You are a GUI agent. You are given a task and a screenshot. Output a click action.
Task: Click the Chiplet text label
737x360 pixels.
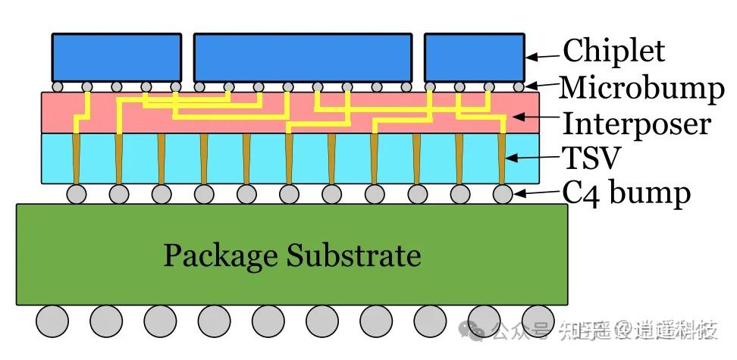pos(613,52)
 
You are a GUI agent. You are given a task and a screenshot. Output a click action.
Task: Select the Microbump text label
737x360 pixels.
pos(641,89)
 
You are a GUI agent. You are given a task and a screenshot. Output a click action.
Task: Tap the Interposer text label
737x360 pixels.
pos(636,123)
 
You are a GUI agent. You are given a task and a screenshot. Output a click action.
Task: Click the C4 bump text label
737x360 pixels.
pos(626,193)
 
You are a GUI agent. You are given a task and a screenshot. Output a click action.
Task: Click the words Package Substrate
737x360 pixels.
pos(292,255)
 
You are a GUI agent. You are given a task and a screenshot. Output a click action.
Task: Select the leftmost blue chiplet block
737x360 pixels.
pos(116,57)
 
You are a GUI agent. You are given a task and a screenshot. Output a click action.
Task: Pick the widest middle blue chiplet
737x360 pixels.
pos(303,57)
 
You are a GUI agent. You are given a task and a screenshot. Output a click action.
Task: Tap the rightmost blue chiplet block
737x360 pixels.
pos(474,57)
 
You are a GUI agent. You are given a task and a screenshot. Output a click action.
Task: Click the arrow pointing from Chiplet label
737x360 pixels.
pos(543,55)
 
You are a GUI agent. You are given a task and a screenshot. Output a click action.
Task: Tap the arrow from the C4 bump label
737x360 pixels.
pos(538,195)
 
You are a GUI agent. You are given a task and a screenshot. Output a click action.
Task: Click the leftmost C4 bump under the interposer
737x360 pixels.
pos(76,194)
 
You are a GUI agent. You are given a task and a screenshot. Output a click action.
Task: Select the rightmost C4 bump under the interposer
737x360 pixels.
pos(503,194)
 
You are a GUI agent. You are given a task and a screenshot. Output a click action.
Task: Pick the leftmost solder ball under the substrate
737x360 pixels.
pos(52,321)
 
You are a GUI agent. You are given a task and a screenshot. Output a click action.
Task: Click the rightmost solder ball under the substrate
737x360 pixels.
pos(538,321)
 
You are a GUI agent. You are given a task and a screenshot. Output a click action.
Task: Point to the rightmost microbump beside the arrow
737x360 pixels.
pos(518,86)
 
